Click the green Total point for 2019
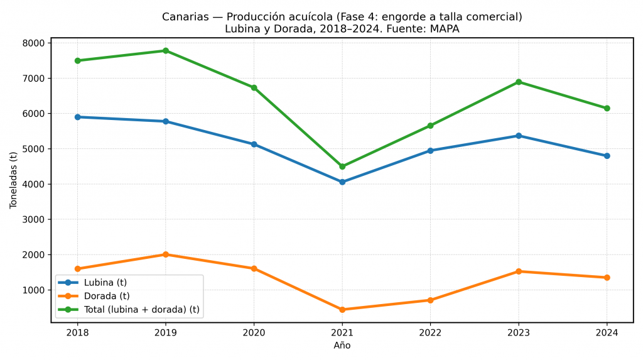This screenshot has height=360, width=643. pos(166,51)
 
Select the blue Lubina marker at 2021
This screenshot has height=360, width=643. pos(342,182)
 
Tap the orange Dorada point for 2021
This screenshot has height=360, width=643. pos(342,310)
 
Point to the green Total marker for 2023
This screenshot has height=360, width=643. pos(519,82)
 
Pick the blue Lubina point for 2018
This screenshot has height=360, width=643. pos(77,117)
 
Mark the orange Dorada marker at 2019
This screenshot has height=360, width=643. pos(166,254)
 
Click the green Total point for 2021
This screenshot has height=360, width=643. pos(342,166)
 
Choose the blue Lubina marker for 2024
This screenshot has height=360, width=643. pos(607,156)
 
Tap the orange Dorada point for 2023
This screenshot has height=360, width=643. pos(519,271)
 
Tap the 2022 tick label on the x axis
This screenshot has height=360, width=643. pos(430,332)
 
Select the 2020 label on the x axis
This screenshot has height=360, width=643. pos(254,332)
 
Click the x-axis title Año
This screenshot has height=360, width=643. pos(342,346)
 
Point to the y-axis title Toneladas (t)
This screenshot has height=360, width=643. pos(13,180)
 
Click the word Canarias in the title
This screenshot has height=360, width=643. pos(185,17)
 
